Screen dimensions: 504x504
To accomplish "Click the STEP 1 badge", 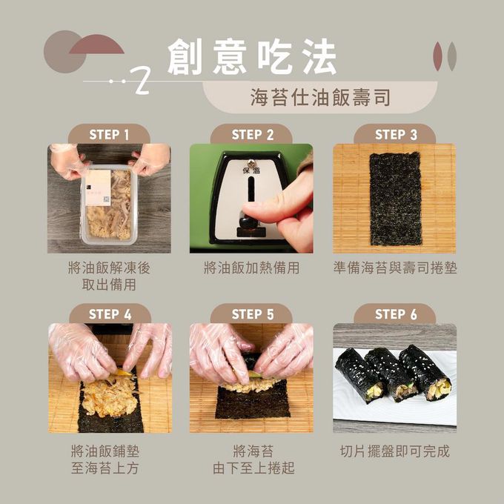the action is [109, 135].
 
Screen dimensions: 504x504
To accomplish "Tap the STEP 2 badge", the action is [252, 135].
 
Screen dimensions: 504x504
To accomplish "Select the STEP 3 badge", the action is [395, 135].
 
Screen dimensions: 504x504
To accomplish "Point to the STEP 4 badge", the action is [110, 314].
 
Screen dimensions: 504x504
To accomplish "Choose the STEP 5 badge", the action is [252, 314].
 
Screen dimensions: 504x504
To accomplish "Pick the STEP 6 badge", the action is [395, 314].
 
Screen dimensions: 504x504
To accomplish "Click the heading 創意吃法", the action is [252, 57].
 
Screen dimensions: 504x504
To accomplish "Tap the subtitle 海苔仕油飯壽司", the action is [320, 97].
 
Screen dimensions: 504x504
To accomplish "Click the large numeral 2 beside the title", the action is [142, 81].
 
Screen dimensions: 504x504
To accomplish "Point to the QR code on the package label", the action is [107, 199].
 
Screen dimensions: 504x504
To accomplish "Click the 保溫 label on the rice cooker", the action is [251, 170].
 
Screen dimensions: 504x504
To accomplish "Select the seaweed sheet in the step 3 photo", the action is [395, 199].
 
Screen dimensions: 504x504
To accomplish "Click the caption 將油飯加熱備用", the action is [252, 268].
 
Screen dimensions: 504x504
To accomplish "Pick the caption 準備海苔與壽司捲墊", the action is [395, 268].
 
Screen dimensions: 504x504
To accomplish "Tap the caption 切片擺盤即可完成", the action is [395, 451].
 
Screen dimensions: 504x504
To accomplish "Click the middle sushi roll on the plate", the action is [390, 374].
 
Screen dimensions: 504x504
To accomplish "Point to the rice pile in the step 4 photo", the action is [110, 395].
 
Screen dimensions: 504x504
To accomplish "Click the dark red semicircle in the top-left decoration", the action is [97, 45].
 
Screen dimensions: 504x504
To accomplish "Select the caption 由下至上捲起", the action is [253, 468].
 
